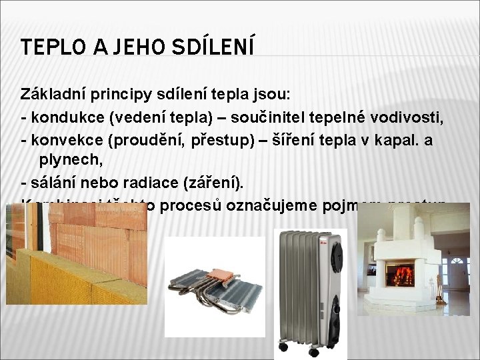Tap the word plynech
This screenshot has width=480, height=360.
tap(65, 159)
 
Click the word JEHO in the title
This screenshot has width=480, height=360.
tap(129, 47)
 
